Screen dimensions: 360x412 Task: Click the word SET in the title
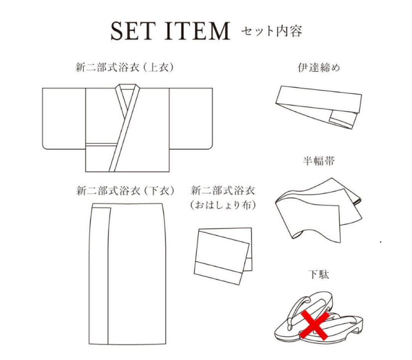click(x=133, y=31)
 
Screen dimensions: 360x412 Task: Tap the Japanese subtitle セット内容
click(x=271, y=31)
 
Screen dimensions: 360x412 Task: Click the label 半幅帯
click(x=319, y=161)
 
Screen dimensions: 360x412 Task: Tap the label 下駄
click(x=319, y=274)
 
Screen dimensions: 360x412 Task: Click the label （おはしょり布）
click(x=223, y=205)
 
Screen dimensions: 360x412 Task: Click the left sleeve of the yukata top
click(x=63, y=118)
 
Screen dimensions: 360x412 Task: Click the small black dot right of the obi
click(x=381, y=242)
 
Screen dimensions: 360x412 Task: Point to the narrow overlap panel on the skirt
click(x=101, y=275)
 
